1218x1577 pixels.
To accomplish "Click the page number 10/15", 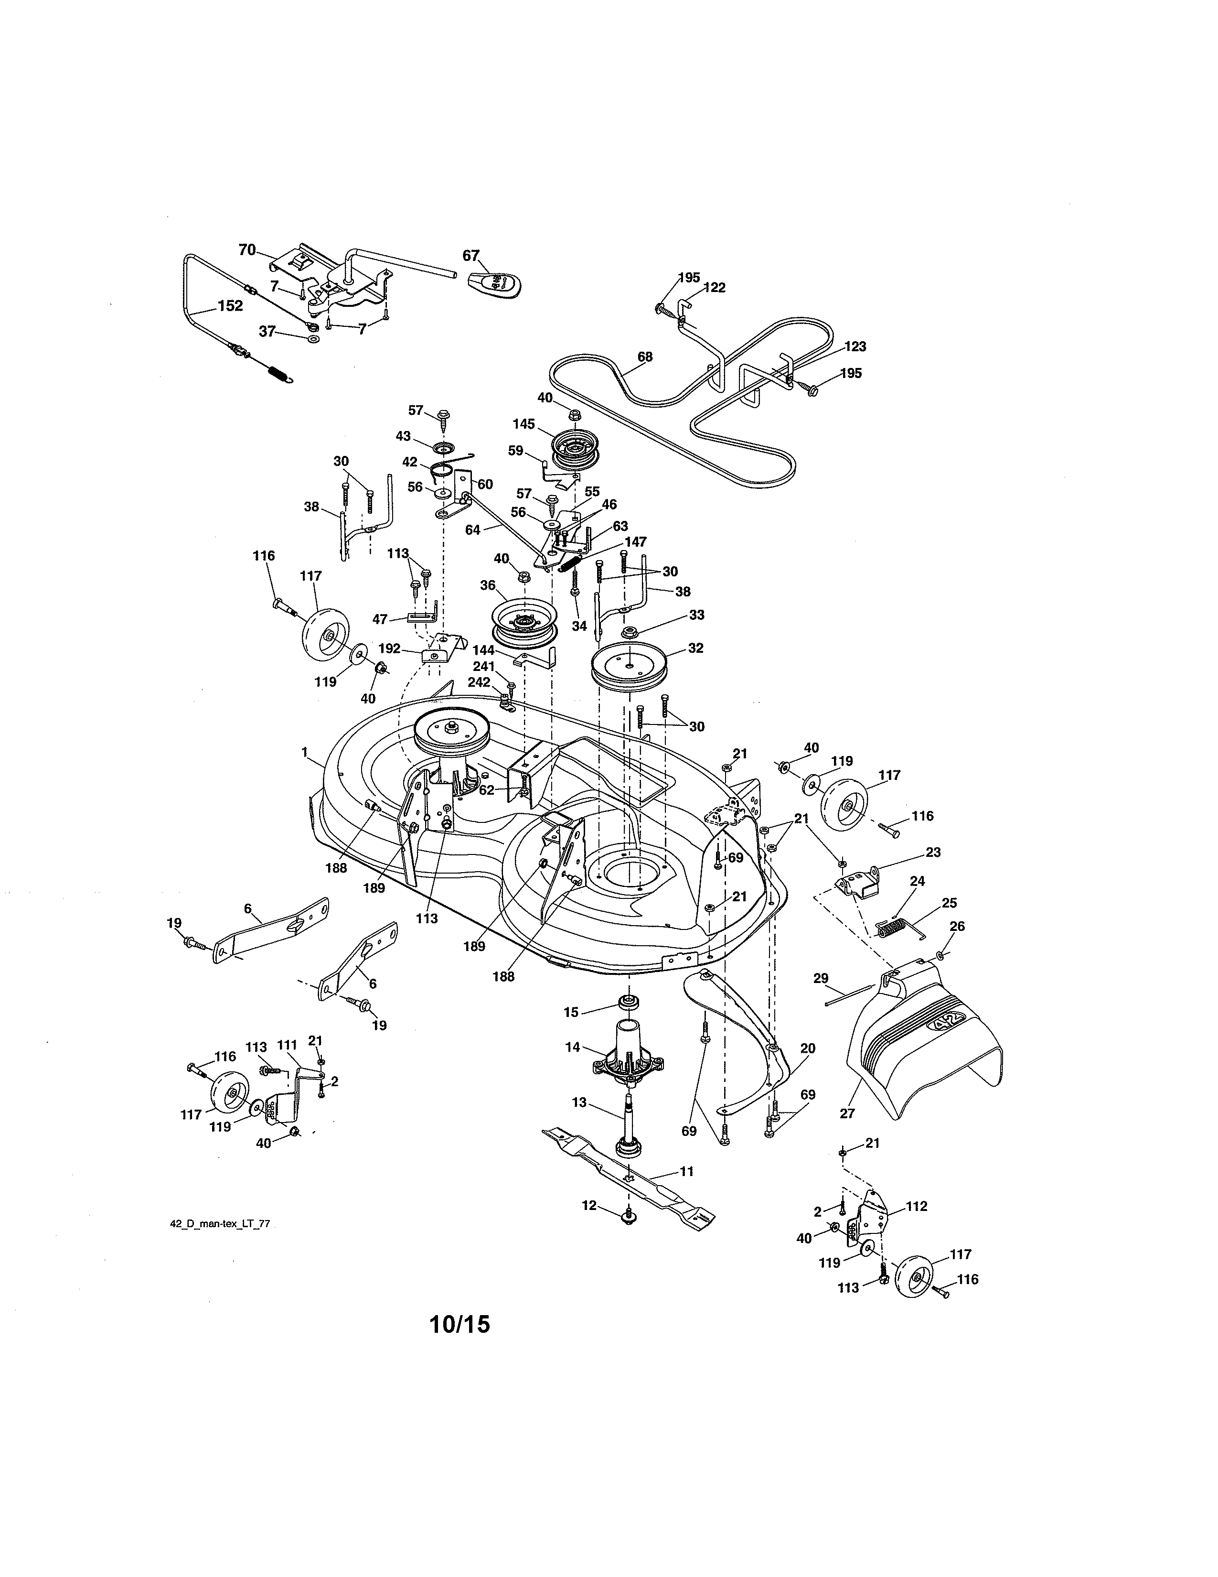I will coord(459,1324).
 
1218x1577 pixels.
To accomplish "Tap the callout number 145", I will coord(524,424).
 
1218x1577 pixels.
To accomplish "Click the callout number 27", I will coord(847,1113).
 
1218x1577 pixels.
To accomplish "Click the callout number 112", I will coord(916,1206).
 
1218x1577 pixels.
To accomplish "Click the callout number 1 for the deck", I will coord(305,752).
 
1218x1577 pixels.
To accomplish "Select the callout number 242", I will coord(479,681).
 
